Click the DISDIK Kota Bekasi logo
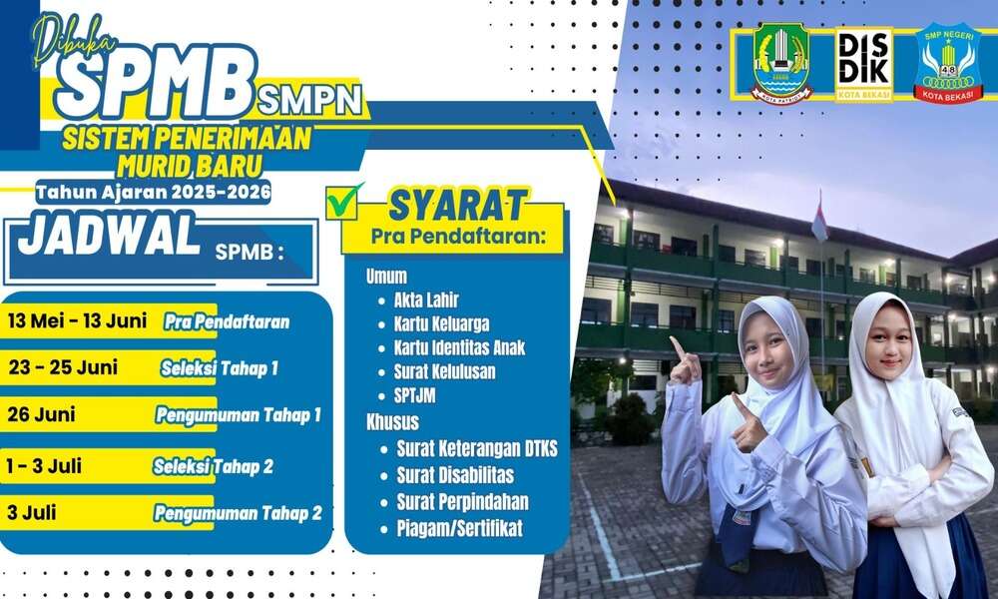pyautogui.click(x=863, y=64)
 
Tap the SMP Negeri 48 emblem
pyautogui.click(x=947, y=64)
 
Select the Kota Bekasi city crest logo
pyautogui.click(x=782, y=64)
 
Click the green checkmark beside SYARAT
pyautogui.click(x=343, y=201)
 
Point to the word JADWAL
pyautogui.click(x=109, y=235)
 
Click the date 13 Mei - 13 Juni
pyautogui.click(x=78, y=320)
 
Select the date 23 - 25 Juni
pyautogui.click(x=63, y=367)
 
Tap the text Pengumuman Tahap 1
pyautogui.click(x=239, y=415)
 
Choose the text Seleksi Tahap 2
pyautogui.click(x=214, y=466)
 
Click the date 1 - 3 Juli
pyautogui.click(x=44, y=466)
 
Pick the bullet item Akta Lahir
pyautogui.click(x=426, y=299)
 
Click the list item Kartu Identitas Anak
pyautogui.click(x=459, y=347)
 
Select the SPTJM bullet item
pyautogui.click(x=414, y=395)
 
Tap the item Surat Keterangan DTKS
pyautogui.click(x=477, y=449)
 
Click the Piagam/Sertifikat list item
pyautogui.click(x=459, y=528)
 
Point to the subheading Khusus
pyautogui.click(x=392, y=422)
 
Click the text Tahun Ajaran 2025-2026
pyautogui.click(x=154, y=192)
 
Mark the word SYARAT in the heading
pyautogui.click(x=458, y=206)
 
